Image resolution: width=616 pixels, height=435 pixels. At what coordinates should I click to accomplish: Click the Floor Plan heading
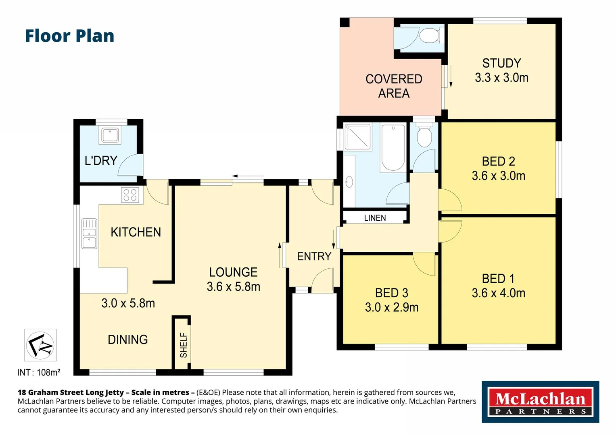(69, 36)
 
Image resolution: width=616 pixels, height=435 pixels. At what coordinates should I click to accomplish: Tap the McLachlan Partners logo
(540, 402)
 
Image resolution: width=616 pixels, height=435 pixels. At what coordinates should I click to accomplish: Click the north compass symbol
(40, 345)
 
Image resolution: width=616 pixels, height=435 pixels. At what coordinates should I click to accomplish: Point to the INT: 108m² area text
(39, 373)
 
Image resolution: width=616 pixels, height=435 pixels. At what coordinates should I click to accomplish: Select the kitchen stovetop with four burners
(130, 195)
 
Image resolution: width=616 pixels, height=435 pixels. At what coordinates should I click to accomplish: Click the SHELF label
(184, 345)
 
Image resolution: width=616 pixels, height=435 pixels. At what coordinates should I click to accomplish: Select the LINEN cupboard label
(375, 218)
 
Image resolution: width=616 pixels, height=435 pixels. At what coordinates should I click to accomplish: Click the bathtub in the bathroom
(393, 148)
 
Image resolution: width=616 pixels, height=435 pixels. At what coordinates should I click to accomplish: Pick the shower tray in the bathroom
(357, 137)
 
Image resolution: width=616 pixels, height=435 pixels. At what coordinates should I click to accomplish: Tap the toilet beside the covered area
(429, 35)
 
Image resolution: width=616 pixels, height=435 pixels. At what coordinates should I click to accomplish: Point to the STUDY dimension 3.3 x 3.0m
(501, 78)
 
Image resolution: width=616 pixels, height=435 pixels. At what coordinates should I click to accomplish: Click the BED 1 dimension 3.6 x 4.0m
(499, 293)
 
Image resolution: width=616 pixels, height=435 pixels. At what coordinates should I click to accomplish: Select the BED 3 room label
(391, 293)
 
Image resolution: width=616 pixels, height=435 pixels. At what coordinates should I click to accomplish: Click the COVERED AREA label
(394, 86)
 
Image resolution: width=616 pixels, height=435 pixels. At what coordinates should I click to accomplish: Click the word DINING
(127, 340)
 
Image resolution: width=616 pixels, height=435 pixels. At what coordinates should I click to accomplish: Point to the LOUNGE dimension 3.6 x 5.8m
(233, 286)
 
